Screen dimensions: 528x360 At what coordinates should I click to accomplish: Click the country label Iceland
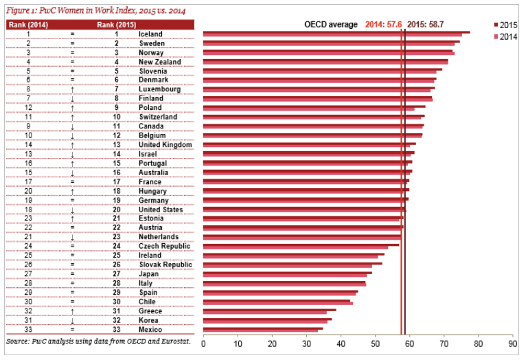tap(150, 34)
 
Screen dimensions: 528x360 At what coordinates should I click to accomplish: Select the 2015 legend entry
tap(505, 25)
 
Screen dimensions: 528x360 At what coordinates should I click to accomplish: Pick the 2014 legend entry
tap(505, 36)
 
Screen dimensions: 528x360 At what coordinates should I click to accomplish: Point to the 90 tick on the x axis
tap(512, 344)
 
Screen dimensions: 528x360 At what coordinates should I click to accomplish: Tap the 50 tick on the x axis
tap(375, 344)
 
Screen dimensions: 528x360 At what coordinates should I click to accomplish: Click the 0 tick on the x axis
tap(203, 344)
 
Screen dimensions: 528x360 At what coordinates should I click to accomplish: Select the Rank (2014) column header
tap(28, 25)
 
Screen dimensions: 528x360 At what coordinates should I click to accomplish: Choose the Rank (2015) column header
tap(117, 25)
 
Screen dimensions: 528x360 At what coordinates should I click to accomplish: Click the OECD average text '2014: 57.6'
tap(384, 24)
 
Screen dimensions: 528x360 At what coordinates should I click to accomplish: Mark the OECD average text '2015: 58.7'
tap(425, 24)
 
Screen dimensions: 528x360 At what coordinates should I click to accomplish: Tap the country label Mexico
tap(150, 329)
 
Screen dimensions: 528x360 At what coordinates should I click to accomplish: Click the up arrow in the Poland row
tap(72, 108)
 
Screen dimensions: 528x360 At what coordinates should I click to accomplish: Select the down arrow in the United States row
tap(72, 210)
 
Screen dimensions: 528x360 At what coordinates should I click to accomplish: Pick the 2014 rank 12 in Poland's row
tap(28, 108)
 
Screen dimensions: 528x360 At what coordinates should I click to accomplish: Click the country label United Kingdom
tap(165, 144)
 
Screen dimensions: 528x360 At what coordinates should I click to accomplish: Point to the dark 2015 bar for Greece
tap(270, 310)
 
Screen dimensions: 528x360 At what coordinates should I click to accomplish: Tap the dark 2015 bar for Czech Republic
tap(301, 245)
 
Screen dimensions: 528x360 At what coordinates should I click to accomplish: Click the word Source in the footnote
tap(18, 341)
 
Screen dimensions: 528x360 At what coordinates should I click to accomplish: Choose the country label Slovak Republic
tap(165, 265)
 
